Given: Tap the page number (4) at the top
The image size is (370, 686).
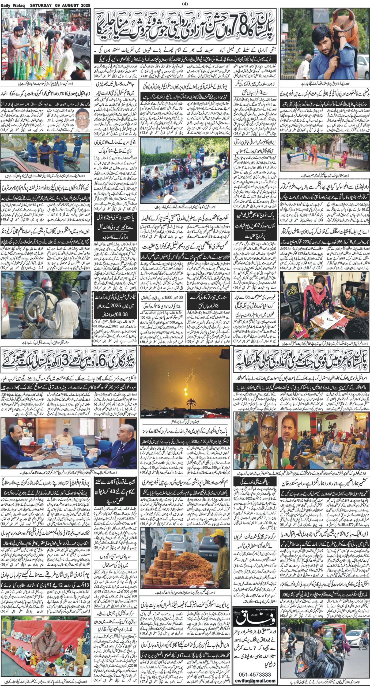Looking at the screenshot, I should coord(185,4).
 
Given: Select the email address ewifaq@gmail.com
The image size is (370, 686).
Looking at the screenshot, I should coord(254,679).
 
